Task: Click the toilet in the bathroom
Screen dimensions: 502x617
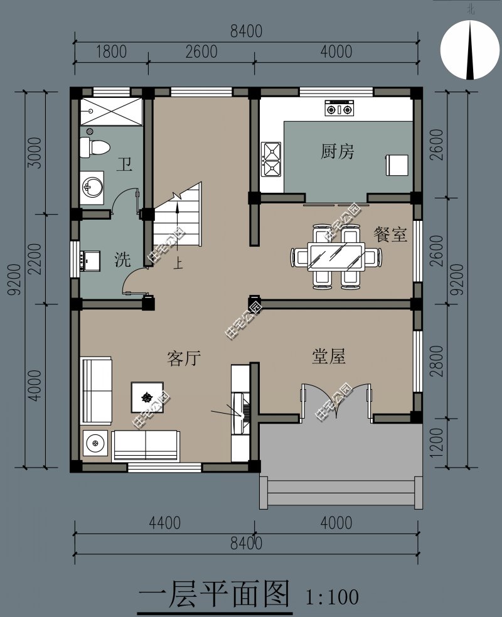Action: pyautogui.click(x=94, y=148)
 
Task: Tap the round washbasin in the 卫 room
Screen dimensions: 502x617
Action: pyautogui.click(x=92, y=187)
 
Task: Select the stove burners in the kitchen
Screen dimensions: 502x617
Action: pyautogui.click(x=339, y=108)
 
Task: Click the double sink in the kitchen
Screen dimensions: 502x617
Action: pyautogui.click(x=272, y=159)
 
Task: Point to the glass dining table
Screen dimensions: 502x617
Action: pyautogui.click(x=336, y=257)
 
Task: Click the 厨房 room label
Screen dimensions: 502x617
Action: pyautogui.click(x=337, y=151)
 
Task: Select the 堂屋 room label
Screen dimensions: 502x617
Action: pyautogui.click(x=329, y=357)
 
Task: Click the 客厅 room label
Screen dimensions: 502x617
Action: pyautogui.click(x=184, y=358)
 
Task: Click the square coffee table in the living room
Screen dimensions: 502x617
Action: pyautogui.click(x=147, y=397)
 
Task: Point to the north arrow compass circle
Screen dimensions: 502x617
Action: pyautogui.click(x=470, y=50)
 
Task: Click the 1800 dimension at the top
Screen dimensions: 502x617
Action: pyautogui.click(x=111, y=51)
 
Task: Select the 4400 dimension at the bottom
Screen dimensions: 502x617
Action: pyautogui.click(x=165, y=523)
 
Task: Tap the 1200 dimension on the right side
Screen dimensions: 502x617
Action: pyautogui.click(x=437, y=443)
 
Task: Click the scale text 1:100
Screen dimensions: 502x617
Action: pyautogui.click(x=332, y=597)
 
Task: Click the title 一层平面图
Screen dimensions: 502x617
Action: pyautogui.click(x=214, y=594)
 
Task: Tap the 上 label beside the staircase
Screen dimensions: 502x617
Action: pyautogui.click(x=178, y=263)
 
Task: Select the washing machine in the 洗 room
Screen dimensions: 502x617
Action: pyautogui.click(x=90, y=260)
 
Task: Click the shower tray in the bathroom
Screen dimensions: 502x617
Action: pyautogui.click(x=111, y=112)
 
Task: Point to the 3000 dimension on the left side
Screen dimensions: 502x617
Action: pyautogui.click(x=35, y=153)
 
